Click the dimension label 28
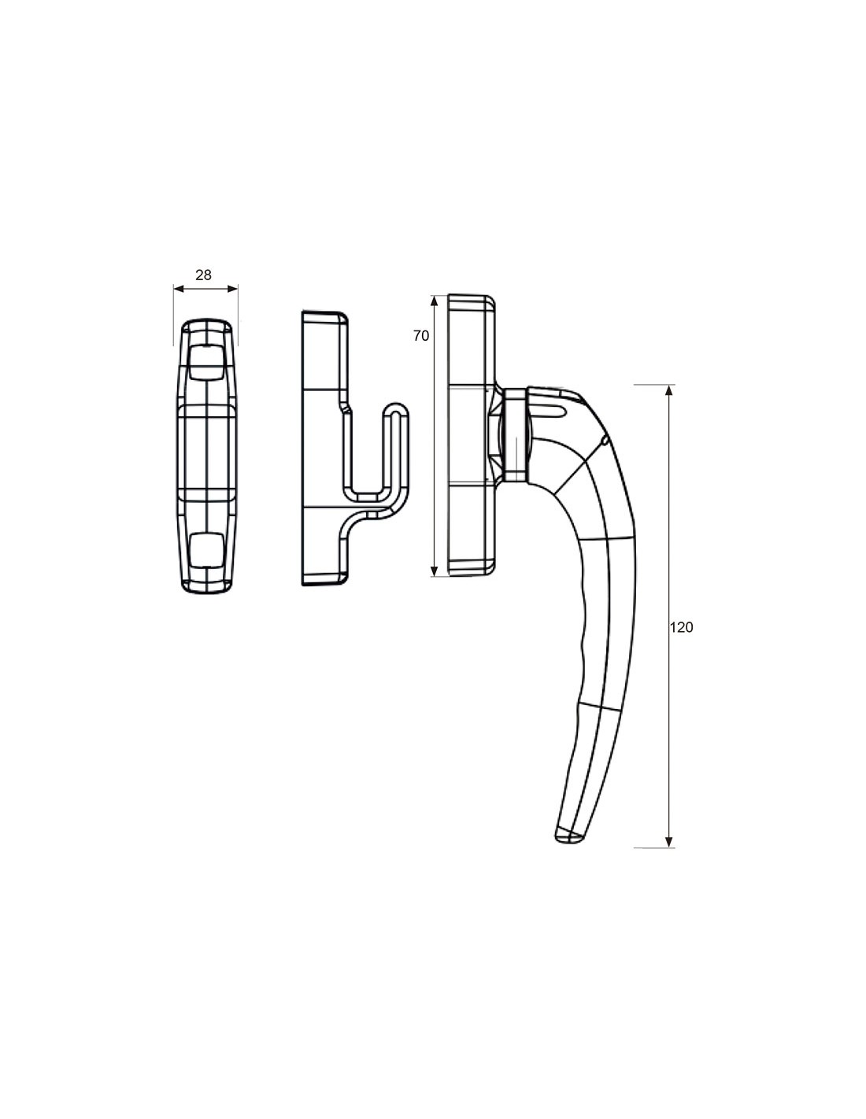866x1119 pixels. [x=203, y=275]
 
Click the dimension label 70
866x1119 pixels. [x=421, y=336]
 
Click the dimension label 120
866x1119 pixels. [x=681, y=627]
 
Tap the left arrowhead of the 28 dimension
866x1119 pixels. [x=179, y=289]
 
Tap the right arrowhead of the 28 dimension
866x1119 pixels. [x=233, y=289]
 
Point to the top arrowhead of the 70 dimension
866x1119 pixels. [x=434, y=301]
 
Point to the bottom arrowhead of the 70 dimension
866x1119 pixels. [x=434, y=571]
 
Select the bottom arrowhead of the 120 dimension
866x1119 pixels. [x=669, y=856]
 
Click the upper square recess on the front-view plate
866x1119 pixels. [x=205, y=362]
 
